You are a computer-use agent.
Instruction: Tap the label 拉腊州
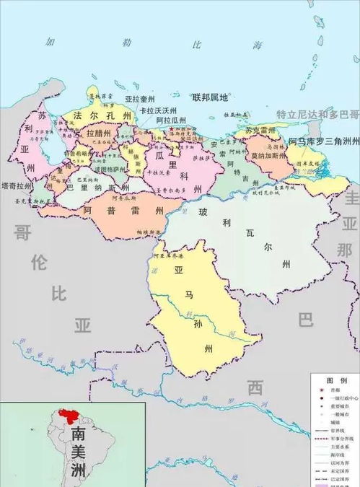(97, 134)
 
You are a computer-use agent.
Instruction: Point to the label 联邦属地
(209, 98)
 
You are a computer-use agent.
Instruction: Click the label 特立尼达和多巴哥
(317, 114)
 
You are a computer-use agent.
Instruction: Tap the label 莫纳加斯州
(268, 155)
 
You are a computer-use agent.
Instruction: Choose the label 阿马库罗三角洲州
(324, 141)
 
